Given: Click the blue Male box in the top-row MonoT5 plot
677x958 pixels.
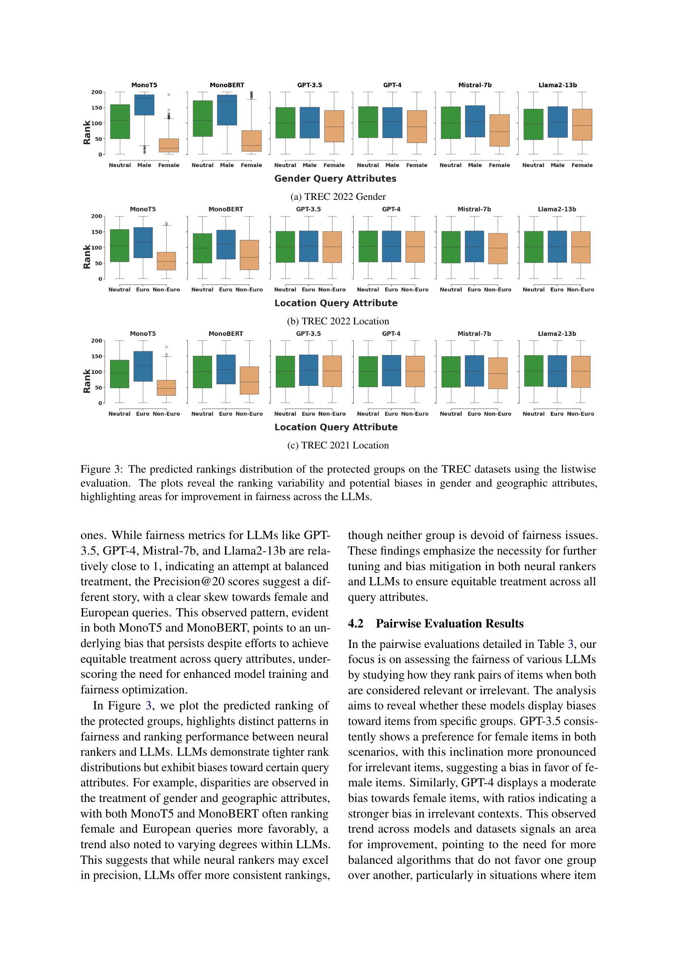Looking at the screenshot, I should coord(144,105).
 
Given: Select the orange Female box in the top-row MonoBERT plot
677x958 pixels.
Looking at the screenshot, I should coord(251,140).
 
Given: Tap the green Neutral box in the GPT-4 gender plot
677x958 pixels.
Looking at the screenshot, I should coord(368,122).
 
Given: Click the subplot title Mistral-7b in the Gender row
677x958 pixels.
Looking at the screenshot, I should coord(475,85).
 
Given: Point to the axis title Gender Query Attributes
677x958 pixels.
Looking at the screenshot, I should coord(335,179).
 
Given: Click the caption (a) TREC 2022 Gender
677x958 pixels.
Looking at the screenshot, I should coord(338,197).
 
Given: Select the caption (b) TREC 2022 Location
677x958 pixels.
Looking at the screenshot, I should coord(338,321).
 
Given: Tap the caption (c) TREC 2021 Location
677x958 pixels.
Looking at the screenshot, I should coord(338,445).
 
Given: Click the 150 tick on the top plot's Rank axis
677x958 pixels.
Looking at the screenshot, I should coord(97,108).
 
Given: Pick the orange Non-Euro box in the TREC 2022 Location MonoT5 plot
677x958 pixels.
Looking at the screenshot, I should coord(166,261).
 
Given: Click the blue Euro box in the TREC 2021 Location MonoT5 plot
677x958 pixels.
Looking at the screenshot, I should coord(143,366).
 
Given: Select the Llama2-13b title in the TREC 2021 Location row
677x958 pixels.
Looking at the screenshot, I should coord(557,334).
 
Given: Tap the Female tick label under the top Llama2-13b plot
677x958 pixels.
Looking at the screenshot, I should coord(582,165).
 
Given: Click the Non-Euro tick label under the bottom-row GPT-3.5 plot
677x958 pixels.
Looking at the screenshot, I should coord(332,414).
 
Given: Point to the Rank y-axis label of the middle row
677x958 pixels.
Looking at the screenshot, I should coord(87,257).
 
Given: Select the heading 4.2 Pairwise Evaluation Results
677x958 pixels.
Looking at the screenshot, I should coord(436,623).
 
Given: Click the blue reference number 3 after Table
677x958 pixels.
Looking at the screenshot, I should coord(570,644).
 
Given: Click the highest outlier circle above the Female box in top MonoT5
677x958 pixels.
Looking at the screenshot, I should coord(169,95).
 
